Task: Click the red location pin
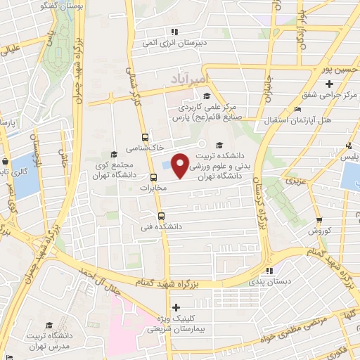pos(181,165)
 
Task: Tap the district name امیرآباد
pos(182,77)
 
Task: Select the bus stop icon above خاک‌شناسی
pos(145,137)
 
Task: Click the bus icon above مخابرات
pos(154,176)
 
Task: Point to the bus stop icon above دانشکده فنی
pos(161,216)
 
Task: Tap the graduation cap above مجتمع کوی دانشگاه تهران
pos(114,153)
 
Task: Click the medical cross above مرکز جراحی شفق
pos(330,84)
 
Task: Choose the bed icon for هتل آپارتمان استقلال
pos(297,110)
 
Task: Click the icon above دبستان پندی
pos(268,271)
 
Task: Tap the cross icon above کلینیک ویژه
pos(176,307)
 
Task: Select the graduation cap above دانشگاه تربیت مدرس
pos(49,324)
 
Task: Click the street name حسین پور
pos(333,70)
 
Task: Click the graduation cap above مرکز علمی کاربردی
pos(205,97)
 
